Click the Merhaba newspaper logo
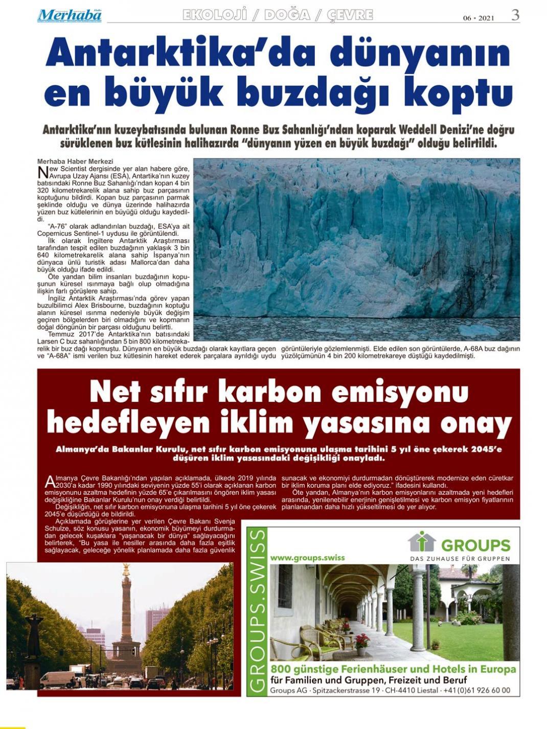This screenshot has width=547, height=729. point(69,16)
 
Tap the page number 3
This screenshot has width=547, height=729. point(515,15)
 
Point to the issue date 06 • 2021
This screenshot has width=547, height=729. point(478,18)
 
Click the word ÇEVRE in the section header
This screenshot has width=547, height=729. point(350,15)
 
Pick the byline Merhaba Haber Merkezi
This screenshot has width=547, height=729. point(75,162)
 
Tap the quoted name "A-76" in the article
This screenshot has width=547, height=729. point(57,226)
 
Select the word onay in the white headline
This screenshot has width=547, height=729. point(475,424)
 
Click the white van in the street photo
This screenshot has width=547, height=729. point(57,679)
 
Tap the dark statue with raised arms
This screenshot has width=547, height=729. point(34,634)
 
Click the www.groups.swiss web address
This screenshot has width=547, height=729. point(307,558)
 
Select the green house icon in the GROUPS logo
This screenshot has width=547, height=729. point(422,542)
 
